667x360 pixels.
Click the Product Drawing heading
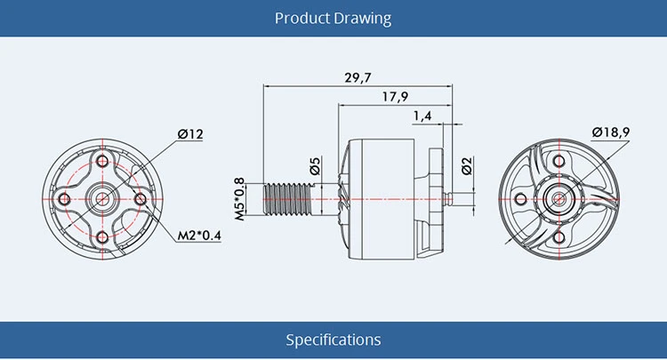pyautogui.click(x=333, y=18)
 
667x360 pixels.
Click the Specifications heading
pyautogui.click(x=333, y=340)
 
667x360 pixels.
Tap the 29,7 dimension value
pyautogui.click(x=358, y=78)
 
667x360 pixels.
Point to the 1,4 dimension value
pyautogui.click(x=422, y=116)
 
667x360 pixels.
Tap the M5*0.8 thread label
pyautogui.click(x=238, y=198)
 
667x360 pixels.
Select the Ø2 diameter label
pyautogui.click(x=468, y=165)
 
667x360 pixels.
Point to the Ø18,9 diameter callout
pyautogui.click(x=611, y=132)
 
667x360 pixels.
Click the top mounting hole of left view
pyautogui.click(x=102, y=161)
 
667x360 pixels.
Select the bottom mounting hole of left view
pyautogui.click(x=102, y=236)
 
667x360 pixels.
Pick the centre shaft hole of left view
pyautogui.click(x=102, y=197)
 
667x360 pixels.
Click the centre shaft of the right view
pyautogui.click(x=559, y=197)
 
